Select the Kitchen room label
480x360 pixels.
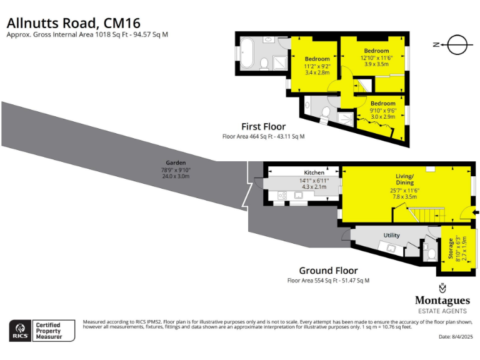[314, 172]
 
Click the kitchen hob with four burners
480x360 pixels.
[282, 195]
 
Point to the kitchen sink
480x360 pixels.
[299, 195]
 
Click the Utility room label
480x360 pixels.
[391, 235]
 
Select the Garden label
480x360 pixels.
[176, 162]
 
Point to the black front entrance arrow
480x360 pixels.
[476, 213]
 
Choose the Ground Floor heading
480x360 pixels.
[328, 271]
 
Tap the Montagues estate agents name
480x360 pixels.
[442, 301]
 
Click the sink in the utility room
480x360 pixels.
[392, 248]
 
